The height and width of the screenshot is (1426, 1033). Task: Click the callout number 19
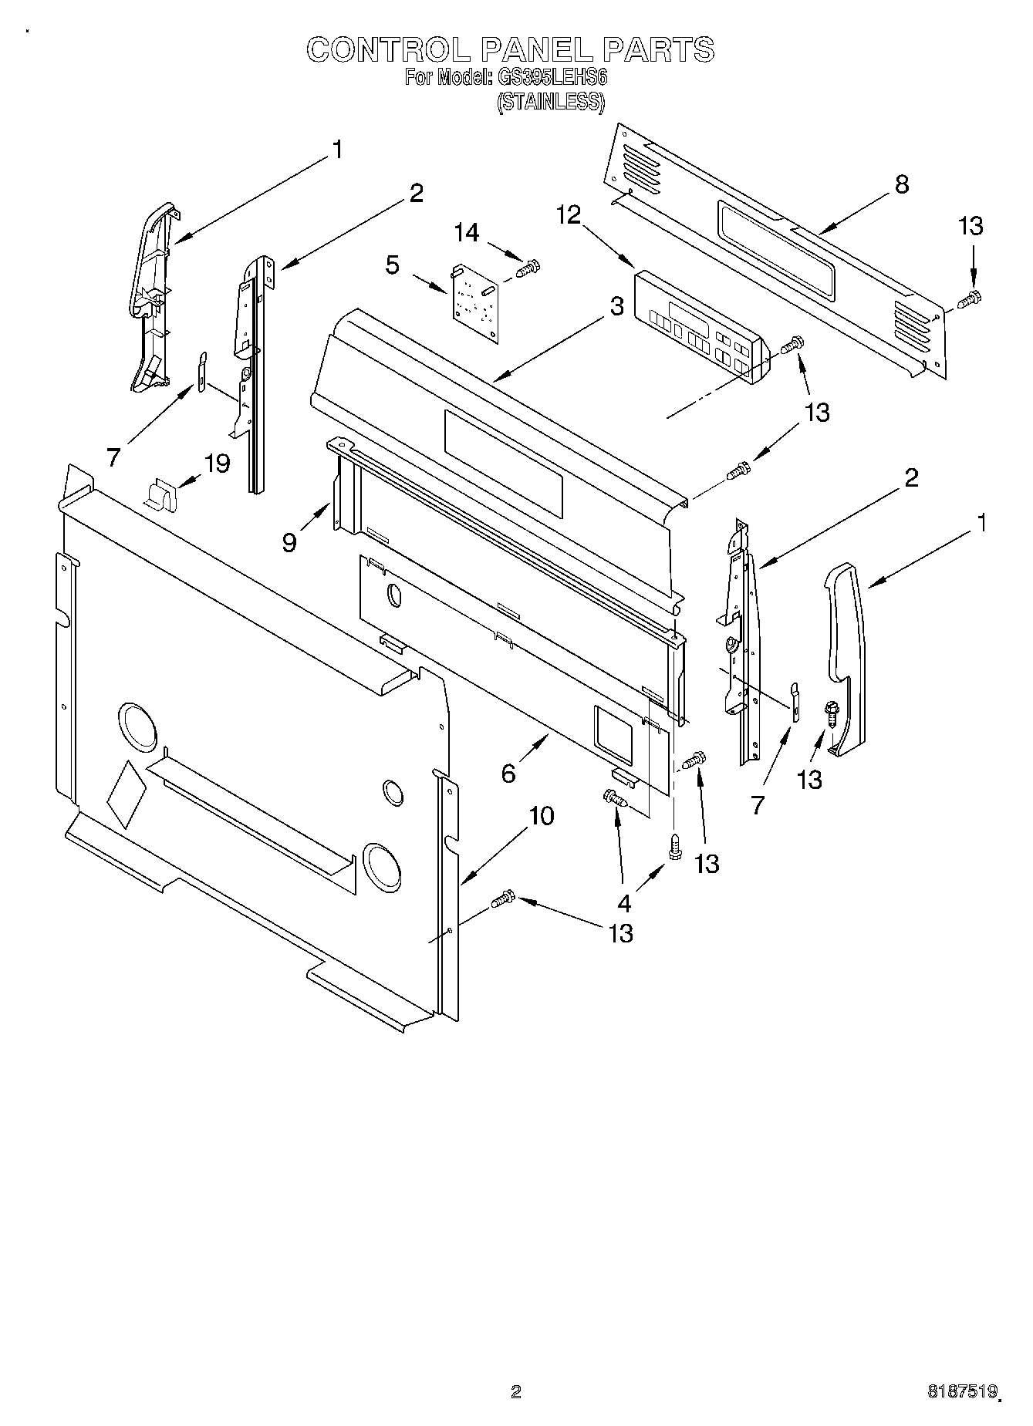217,463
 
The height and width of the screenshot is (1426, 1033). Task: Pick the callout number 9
289,542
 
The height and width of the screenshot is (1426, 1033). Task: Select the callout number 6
508,773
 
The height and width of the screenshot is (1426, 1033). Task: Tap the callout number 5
393,265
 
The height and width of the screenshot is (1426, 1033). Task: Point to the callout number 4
623,902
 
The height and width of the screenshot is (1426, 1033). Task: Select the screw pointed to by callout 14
528,269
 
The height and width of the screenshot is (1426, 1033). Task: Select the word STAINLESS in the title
550,102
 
